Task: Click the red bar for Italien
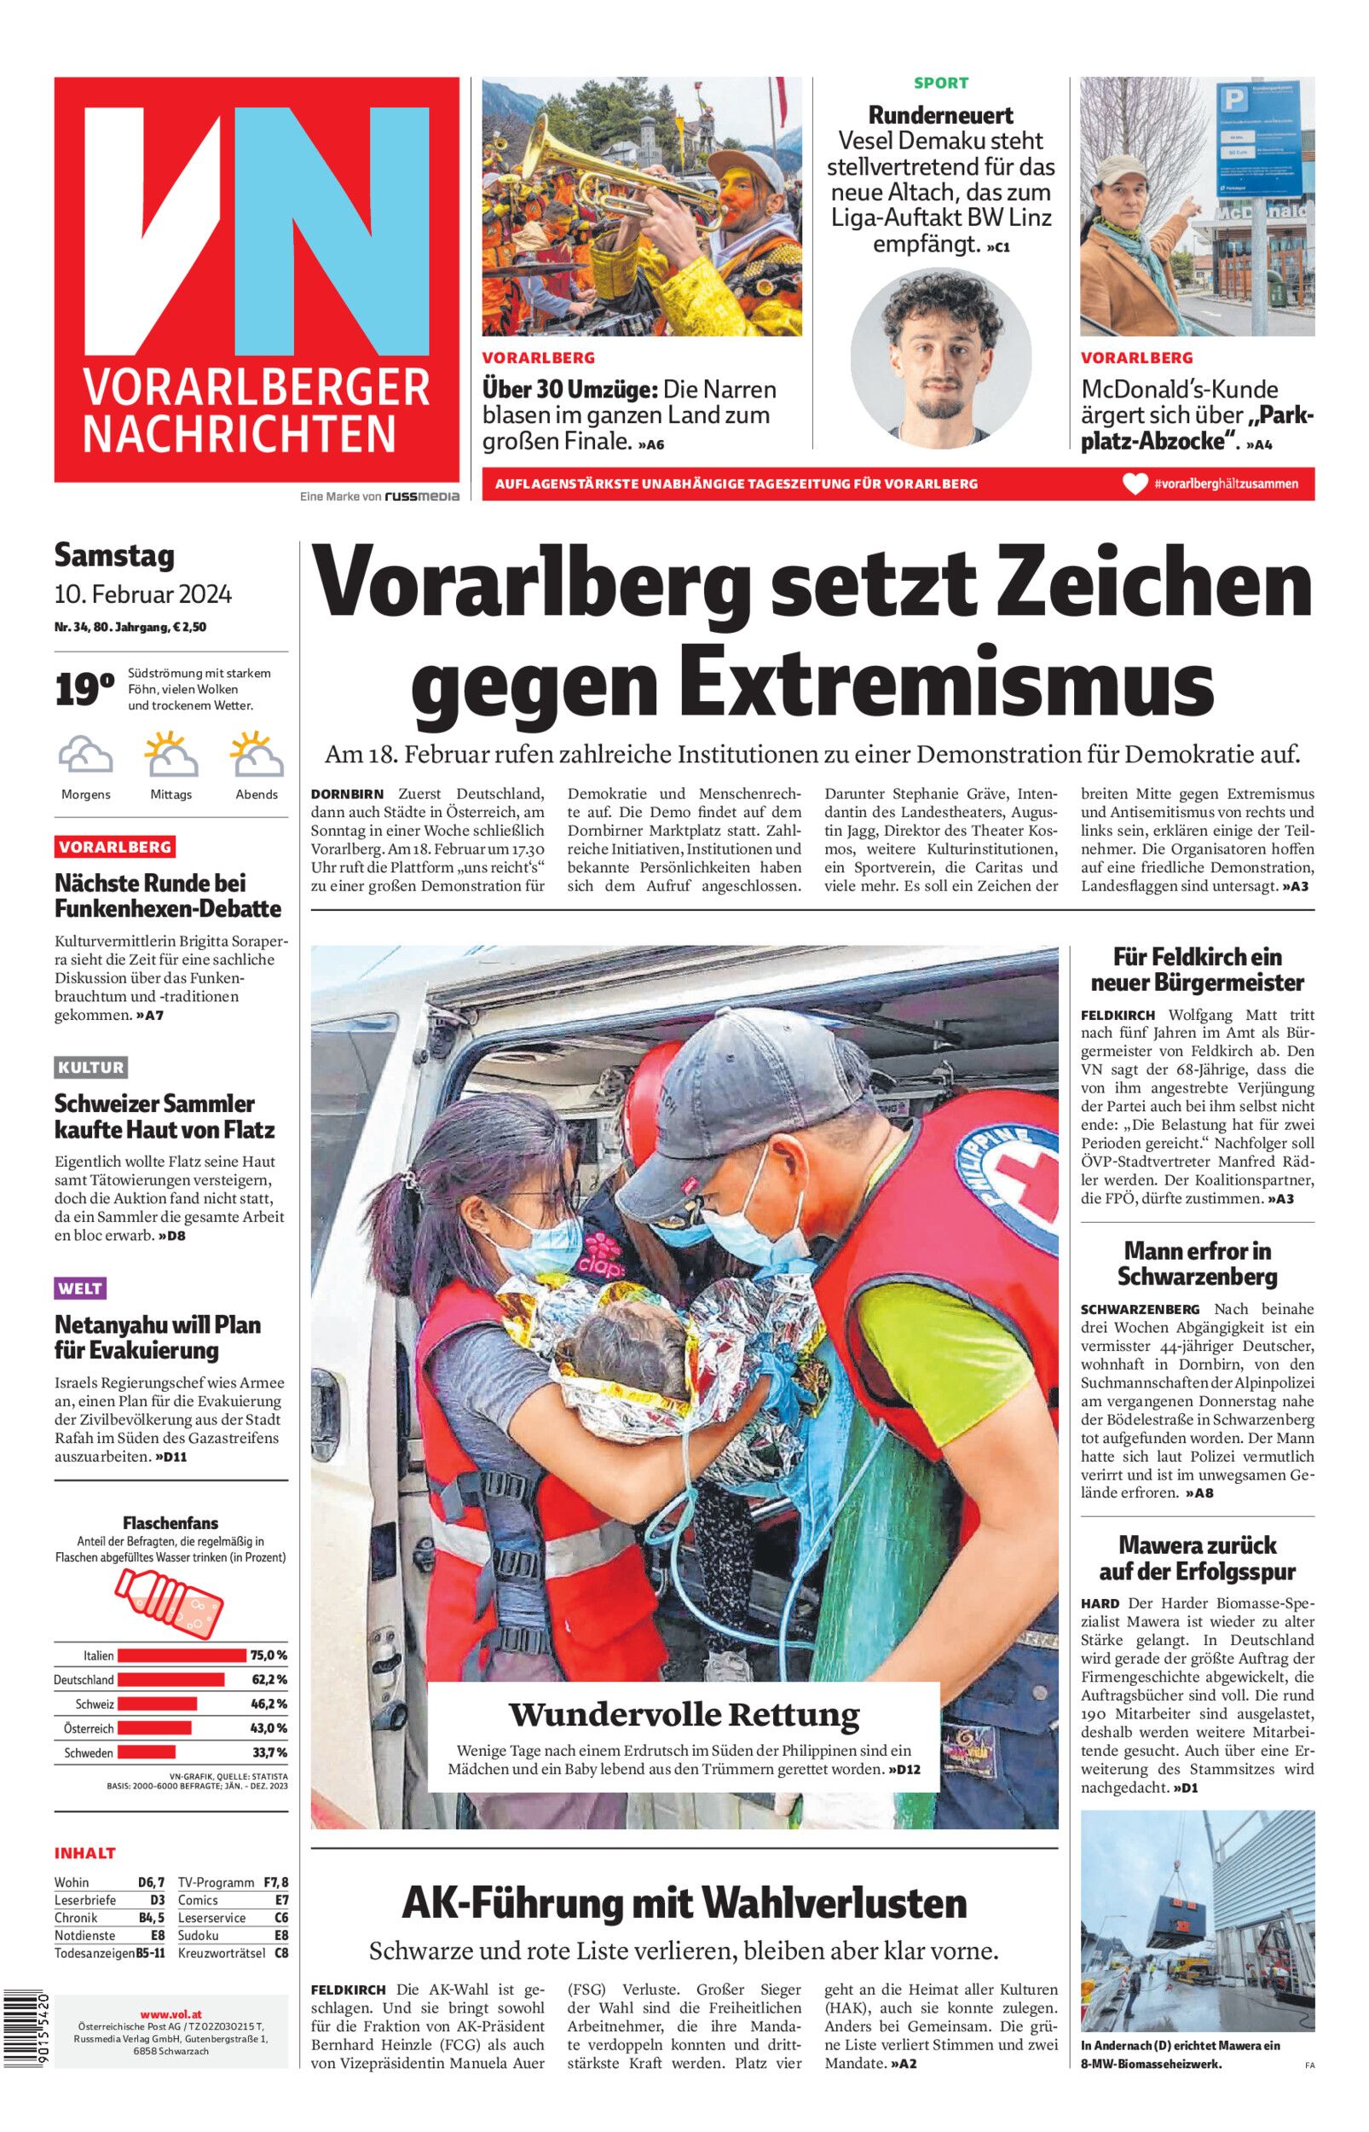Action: [x=182, y=1654]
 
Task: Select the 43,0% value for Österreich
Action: [x=269, y=1728]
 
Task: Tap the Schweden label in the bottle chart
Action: [x=89, y=1753]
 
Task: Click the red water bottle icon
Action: [x=170, y=1602]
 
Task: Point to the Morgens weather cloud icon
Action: [x=85, y=756]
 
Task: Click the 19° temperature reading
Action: [x=84, y=690]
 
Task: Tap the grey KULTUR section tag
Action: [x=90, y=1067]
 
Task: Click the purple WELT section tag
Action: [x=80, y=1288]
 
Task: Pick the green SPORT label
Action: [x=941, y=84]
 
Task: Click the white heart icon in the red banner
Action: [x=1135, y=484]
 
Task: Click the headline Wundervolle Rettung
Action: [x=684, y=1713]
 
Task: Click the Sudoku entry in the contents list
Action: [x=199, y=1936]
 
